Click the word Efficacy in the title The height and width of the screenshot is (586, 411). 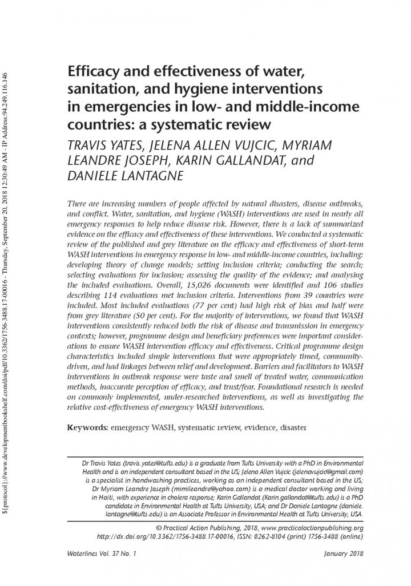click(91, 73)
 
